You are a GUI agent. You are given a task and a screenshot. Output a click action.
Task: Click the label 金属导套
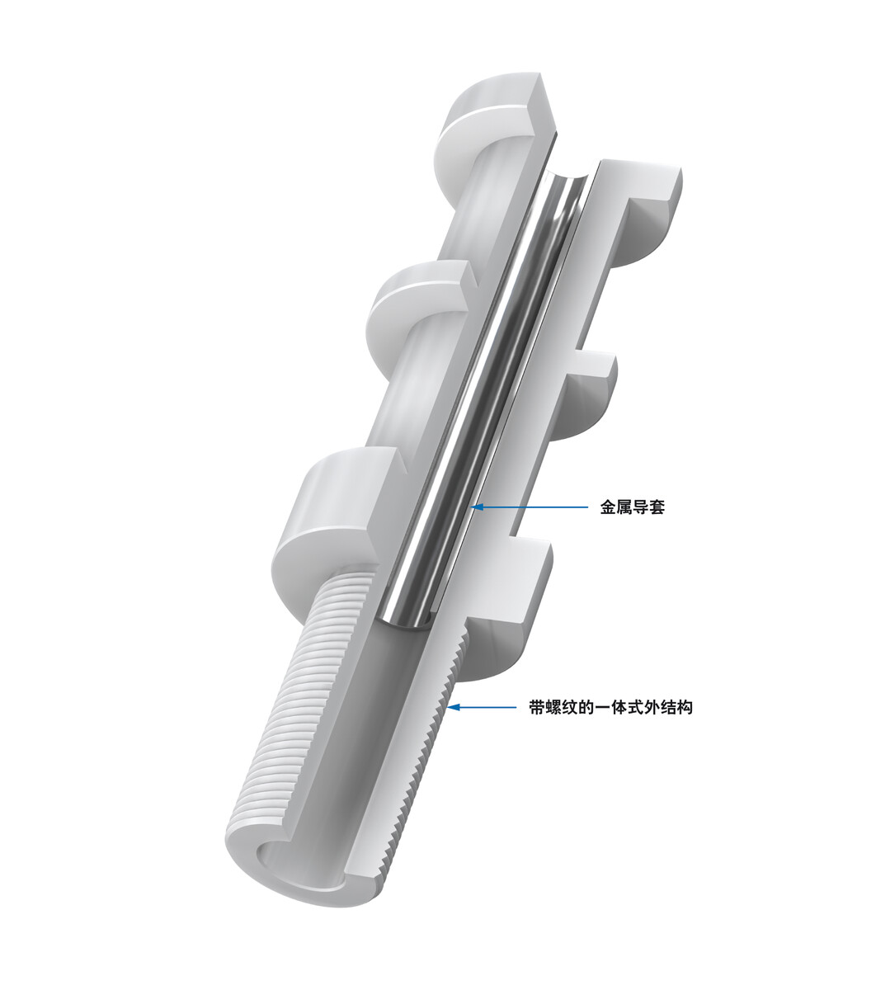click(x=632, y=507)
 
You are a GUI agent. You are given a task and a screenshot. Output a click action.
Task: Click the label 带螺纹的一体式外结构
click(x=610, y=707)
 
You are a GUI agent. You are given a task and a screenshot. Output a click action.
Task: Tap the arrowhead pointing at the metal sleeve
click(x=478, y=507)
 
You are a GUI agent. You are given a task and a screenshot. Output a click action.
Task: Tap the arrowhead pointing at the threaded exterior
click(x=454, y=706)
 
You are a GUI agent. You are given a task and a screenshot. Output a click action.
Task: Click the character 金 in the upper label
click(x=607, y=507)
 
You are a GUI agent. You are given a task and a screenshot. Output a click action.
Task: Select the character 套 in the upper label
click(x=657, y=507)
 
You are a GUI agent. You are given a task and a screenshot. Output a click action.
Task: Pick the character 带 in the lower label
click(x=538, y=707)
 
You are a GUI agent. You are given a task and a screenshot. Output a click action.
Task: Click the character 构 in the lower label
click(x=685, y=707)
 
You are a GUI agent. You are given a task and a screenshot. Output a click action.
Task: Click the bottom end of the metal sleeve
click(x=403, y=625)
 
